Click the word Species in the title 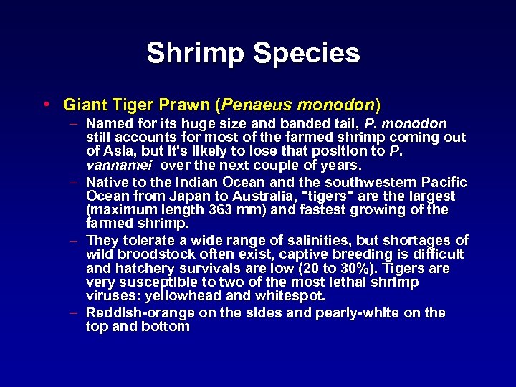click(x=312, y=53)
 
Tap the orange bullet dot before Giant click(x=46, y=105)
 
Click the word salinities click(x=310, y=240)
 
